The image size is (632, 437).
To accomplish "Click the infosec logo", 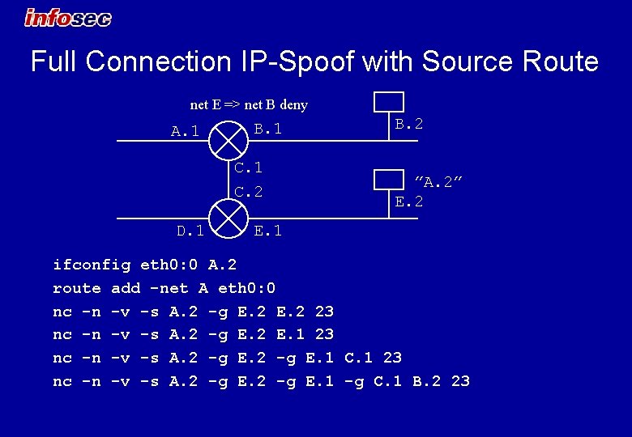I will tap(68, 17).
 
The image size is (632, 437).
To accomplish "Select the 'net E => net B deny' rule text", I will tap(249, 104).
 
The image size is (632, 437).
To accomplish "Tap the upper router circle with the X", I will tap(228, 140).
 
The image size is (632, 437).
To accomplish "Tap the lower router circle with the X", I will tap(228, 218).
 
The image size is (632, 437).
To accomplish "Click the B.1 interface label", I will tap(268, 128).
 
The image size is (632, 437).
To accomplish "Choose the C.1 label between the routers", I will tap(249, 168).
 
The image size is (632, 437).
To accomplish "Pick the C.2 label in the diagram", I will tap(249, 192).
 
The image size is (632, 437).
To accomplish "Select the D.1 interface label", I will tap(190, 231).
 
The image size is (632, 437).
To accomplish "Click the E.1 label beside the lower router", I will tap(268, 231).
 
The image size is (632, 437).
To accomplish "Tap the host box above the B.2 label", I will tap(388, 101).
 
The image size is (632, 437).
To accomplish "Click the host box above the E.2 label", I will tap(388, 180).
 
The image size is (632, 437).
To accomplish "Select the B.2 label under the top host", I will tap(408, 124).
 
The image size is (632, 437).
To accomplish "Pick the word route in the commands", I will tap(76, 288).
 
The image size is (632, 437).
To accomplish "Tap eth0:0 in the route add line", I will tap(247, 288).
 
